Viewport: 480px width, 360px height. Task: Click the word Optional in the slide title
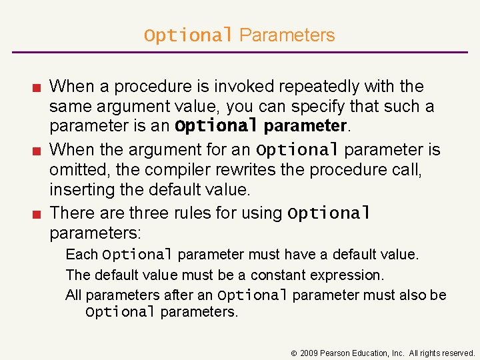(188, 35)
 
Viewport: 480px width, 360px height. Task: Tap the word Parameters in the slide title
(287, 35)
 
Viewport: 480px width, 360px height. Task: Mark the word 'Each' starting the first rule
(81, 254)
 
